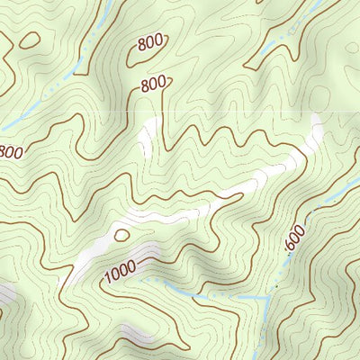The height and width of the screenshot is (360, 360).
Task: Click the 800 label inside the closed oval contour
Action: tap(150, 43)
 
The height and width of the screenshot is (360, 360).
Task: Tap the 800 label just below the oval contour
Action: tap(155, 84)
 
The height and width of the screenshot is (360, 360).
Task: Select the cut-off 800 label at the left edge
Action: tap(10, 152)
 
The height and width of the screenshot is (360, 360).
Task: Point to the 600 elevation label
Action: tap(295, 238)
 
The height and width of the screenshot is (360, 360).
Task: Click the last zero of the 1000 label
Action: tap(131, 262)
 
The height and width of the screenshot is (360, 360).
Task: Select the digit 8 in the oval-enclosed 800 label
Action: tap(141, 47)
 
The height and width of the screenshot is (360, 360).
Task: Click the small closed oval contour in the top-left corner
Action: tap(29, 40)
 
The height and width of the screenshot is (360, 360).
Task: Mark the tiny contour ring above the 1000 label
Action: tap(121, 235)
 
